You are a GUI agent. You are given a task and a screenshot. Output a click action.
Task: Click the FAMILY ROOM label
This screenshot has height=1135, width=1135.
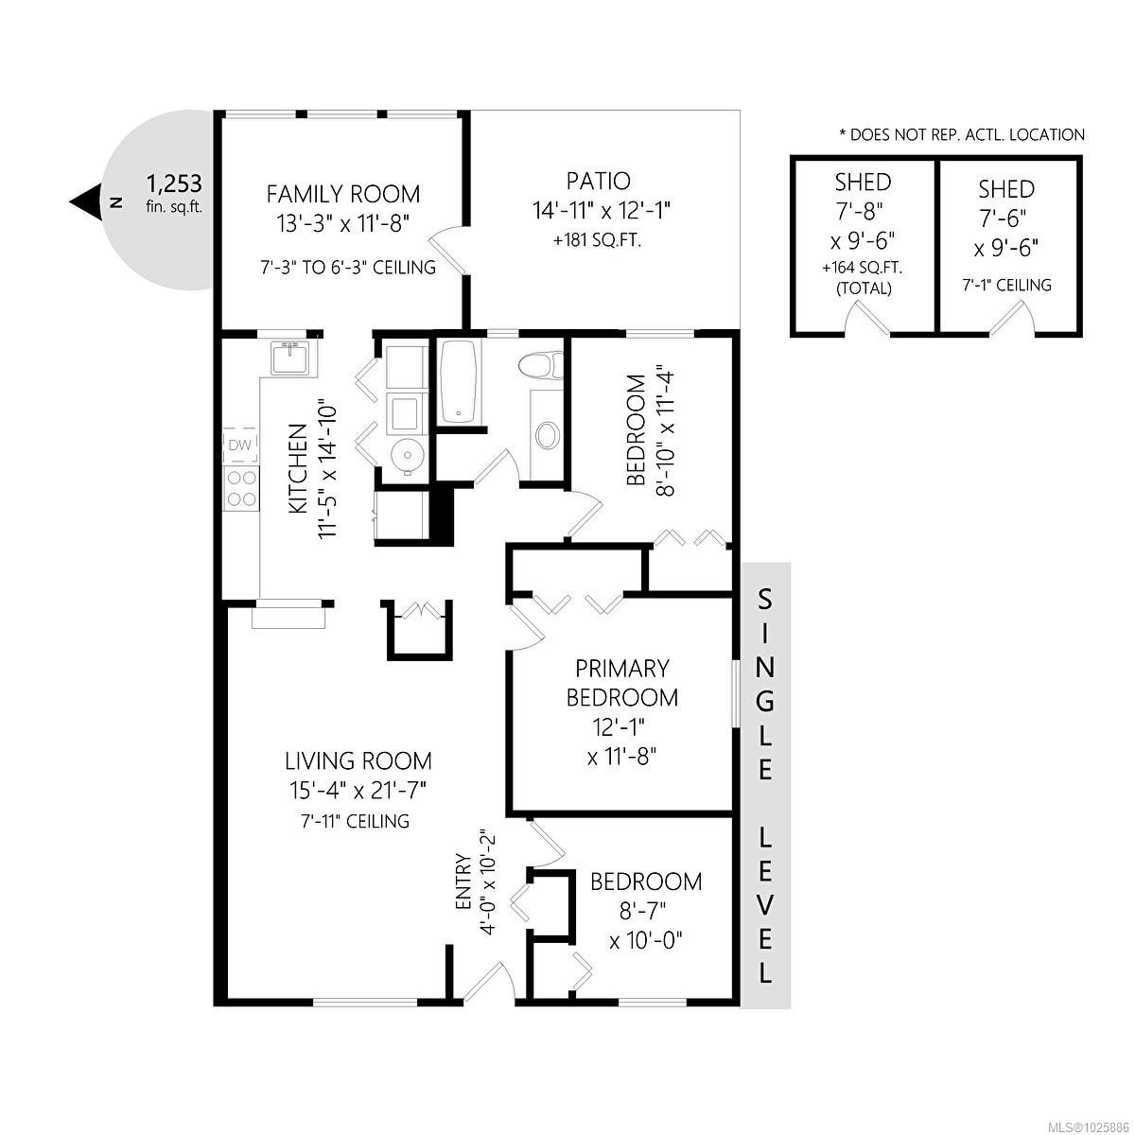342,194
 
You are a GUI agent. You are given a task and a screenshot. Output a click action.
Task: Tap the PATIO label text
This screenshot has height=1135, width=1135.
598,181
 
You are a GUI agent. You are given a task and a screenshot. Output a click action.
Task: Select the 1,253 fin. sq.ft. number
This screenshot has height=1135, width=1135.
174,183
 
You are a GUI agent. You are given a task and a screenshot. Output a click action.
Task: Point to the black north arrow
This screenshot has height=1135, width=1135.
86,201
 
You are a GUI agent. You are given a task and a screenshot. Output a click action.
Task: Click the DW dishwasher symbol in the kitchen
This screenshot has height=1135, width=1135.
240,445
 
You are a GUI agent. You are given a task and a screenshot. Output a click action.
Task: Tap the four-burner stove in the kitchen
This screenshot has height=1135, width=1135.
241,488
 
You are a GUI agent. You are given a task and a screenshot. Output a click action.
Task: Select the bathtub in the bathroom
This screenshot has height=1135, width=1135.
460,381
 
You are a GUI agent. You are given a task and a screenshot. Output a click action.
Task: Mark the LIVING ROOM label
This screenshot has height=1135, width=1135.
358,760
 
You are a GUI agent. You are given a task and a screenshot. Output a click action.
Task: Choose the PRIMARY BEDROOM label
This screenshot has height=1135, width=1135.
621,683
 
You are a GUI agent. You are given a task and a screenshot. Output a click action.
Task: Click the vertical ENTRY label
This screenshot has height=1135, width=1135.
463,882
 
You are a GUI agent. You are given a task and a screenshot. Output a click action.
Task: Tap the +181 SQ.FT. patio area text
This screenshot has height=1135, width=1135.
597,240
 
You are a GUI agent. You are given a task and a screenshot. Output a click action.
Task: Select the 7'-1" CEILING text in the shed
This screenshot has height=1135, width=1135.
1005,285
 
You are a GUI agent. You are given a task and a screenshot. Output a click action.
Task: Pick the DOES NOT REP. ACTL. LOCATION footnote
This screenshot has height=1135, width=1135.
961,135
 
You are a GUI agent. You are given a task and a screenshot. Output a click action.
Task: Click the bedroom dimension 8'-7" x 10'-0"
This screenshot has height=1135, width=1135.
646,927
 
